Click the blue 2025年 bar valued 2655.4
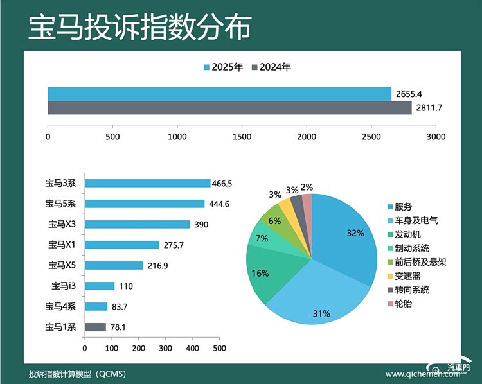tap(219, 94)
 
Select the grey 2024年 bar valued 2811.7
tap(229, 108)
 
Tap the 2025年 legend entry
tap(223, 67)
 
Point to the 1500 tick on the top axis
tap(242, 137)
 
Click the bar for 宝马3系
tap(147, 184)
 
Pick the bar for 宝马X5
tap(114, 265)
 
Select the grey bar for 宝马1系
tap(95, 327)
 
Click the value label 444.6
tap(219, 204)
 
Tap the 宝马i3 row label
tap(64, 286)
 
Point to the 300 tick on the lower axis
tap(165, 348)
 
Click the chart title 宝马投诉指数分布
tap(139, 27)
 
